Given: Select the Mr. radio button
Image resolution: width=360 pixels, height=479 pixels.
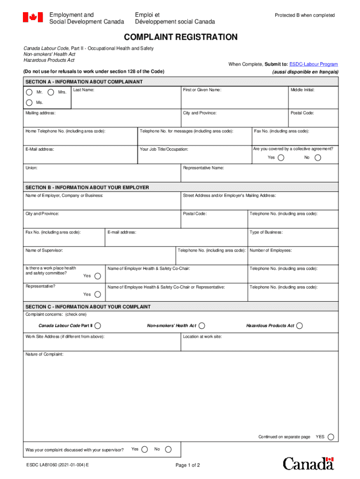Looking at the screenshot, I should click(x=29, y=92).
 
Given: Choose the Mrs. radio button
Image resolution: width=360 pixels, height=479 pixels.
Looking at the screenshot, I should click(x=51, y=92).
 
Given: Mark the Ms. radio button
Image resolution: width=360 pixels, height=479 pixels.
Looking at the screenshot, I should click(x=29, y=102).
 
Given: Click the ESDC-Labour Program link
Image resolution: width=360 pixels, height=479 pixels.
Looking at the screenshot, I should click(x=313, y=64).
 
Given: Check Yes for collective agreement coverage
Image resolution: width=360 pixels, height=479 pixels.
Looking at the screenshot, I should click(x=281, y=158).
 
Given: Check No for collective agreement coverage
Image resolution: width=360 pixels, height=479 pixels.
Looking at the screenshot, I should click(x=318, y=158).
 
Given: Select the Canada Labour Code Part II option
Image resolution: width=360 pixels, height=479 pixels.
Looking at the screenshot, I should click(x=97, y=326).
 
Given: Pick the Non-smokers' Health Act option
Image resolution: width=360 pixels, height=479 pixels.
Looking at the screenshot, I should click(x=202, y=326).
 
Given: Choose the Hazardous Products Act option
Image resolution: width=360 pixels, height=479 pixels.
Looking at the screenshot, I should click(x=299, y=326).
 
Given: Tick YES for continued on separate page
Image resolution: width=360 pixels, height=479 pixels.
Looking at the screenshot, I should click(x=331, y=437).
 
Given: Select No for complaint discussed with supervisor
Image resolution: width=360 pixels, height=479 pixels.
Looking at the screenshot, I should click(x=168, y=450).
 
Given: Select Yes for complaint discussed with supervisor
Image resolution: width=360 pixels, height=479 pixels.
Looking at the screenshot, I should click(x=144, y=450).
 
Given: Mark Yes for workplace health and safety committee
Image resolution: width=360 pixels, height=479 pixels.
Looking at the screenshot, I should click(x=97, y=276).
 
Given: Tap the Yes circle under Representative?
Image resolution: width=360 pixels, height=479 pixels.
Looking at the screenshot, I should click(x=97, y=294).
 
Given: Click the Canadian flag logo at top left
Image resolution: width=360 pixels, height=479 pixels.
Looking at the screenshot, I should click(x=33, y=18).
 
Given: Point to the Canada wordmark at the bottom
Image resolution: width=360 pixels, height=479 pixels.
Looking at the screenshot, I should click(x=309, y=464).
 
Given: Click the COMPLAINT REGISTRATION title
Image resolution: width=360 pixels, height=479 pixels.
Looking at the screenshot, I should click(x=180, y=37).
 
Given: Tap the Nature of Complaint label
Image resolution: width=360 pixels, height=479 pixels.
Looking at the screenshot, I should click(x=44, y=355).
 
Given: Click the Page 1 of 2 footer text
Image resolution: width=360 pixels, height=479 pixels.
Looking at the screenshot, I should click(x=187, y=465).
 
